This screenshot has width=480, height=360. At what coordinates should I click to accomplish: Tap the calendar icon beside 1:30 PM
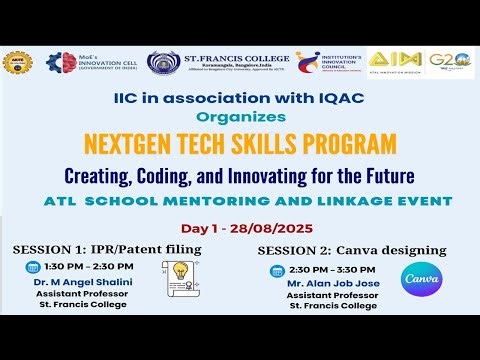32,268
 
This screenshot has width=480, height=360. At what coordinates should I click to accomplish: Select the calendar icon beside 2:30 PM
277,271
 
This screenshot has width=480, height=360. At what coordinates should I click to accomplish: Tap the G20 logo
449,62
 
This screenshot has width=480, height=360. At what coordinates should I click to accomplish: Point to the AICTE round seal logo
17,63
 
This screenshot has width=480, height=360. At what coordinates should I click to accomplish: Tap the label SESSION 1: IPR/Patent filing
107,247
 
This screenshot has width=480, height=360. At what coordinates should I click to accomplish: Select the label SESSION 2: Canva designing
350,249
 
